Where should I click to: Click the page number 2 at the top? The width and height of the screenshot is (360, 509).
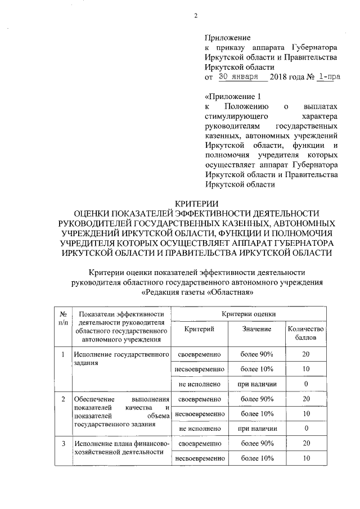coord(196,15)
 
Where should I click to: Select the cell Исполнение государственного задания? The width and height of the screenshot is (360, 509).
coord(121,359)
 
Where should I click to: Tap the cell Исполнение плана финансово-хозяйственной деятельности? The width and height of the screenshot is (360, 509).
coord(121,448)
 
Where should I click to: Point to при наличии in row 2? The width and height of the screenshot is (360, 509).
coord(256,428)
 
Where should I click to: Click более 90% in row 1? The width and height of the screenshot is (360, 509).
coord(256,354)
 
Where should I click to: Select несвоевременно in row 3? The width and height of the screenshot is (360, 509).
coord(199,458)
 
